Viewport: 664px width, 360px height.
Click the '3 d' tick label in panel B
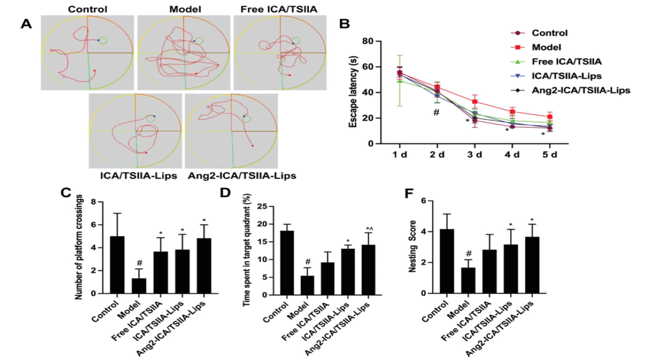click(x=474, y=155)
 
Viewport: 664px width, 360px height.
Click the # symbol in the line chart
click(x=436, y=113)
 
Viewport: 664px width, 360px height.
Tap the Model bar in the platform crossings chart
click(x=139, y=286)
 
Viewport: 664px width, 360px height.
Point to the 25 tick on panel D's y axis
click(x=264, y=207)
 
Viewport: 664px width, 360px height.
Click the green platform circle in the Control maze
click(x=103, y=41)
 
